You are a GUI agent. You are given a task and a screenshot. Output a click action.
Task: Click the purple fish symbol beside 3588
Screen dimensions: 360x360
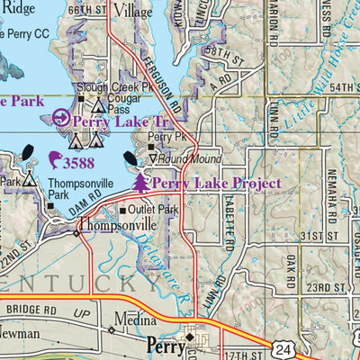point(56,161)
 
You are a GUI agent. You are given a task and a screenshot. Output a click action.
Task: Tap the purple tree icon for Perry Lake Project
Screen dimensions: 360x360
point(140,184)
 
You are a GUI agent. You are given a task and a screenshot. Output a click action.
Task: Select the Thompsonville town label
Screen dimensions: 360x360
point(118,225)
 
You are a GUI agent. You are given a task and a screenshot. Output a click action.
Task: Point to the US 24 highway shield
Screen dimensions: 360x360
point(283,347)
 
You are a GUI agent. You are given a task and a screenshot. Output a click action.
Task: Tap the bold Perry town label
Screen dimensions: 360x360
point(163,343)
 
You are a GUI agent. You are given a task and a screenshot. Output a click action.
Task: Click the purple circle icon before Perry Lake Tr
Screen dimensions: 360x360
point(60,118)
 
